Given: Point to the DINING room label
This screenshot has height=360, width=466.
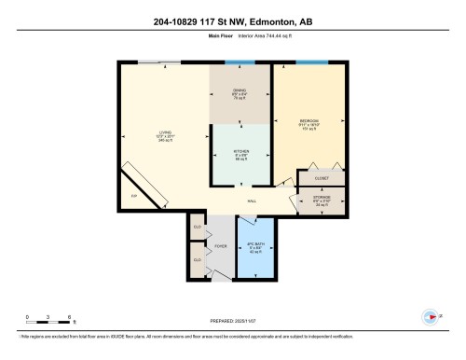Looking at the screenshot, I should [x=239, y=93].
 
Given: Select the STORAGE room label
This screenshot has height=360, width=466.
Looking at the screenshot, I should [x=320, y=198].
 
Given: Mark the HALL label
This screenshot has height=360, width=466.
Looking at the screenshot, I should [x=252, y=201].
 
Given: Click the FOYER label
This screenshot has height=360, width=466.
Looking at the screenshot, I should [x=221, y=247].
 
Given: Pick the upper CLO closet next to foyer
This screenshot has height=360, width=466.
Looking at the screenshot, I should [x=197, y=228].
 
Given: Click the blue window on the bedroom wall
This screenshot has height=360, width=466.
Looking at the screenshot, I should [x=311, y=62].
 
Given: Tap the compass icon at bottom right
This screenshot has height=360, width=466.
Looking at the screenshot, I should [x=431, y=317].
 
